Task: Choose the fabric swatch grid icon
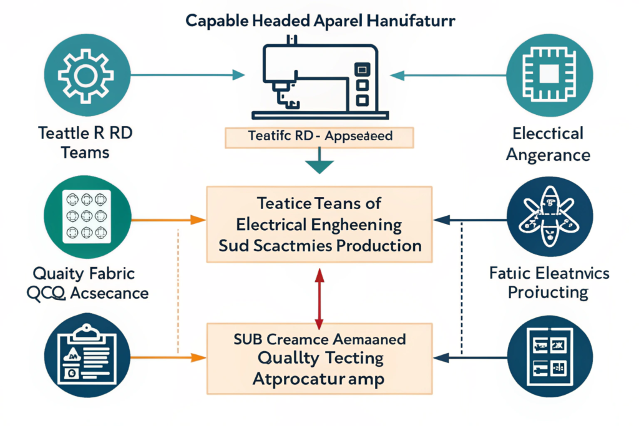click(x=87, y=216)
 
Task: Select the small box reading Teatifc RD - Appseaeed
click(x=319, y=136)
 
